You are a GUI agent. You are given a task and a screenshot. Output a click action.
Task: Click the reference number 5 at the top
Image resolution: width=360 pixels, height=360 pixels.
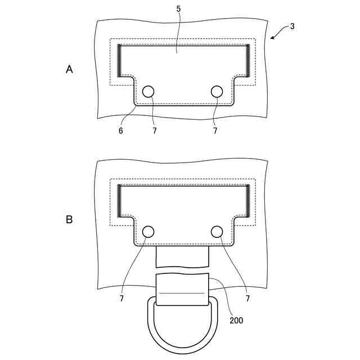pos(178,9)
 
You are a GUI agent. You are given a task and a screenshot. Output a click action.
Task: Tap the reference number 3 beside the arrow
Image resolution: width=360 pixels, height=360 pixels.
pos(292,26)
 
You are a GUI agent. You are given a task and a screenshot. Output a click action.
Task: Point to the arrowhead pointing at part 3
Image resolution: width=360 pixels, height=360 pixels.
pos(272,38)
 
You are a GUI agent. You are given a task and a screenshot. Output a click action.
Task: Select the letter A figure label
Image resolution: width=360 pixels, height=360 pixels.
pos(69,69)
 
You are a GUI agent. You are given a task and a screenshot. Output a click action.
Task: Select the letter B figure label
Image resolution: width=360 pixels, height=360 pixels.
pos(69,219)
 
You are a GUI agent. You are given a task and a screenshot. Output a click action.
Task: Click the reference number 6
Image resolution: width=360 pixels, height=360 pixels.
pos(121,131)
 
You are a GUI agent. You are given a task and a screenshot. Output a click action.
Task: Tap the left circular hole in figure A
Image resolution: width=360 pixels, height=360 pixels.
pos(148,92)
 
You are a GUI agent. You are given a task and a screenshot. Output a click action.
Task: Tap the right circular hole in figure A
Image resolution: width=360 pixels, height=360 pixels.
pos(217,92)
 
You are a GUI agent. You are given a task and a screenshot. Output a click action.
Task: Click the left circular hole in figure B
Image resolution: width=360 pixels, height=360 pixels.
pos(148,232)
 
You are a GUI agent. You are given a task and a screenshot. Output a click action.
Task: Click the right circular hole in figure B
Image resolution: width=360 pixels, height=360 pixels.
pos(217,232)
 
